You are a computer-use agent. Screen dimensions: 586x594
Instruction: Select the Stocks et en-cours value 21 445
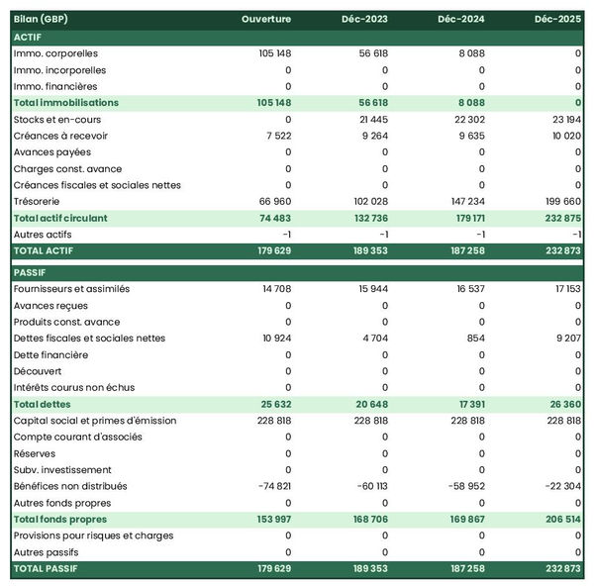click(368, 119)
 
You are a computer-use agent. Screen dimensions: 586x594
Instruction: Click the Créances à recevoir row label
click(62, 136)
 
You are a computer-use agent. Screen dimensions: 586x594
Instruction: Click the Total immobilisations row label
click(66, 103)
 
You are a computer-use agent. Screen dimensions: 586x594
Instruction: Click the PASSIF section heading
click(31, 271)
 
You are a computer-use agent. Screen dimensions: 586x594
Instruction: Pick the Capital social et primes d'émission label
click(95, 421)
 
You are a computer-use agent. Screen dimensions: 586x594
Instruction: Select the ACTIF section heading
click(28, 37)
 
